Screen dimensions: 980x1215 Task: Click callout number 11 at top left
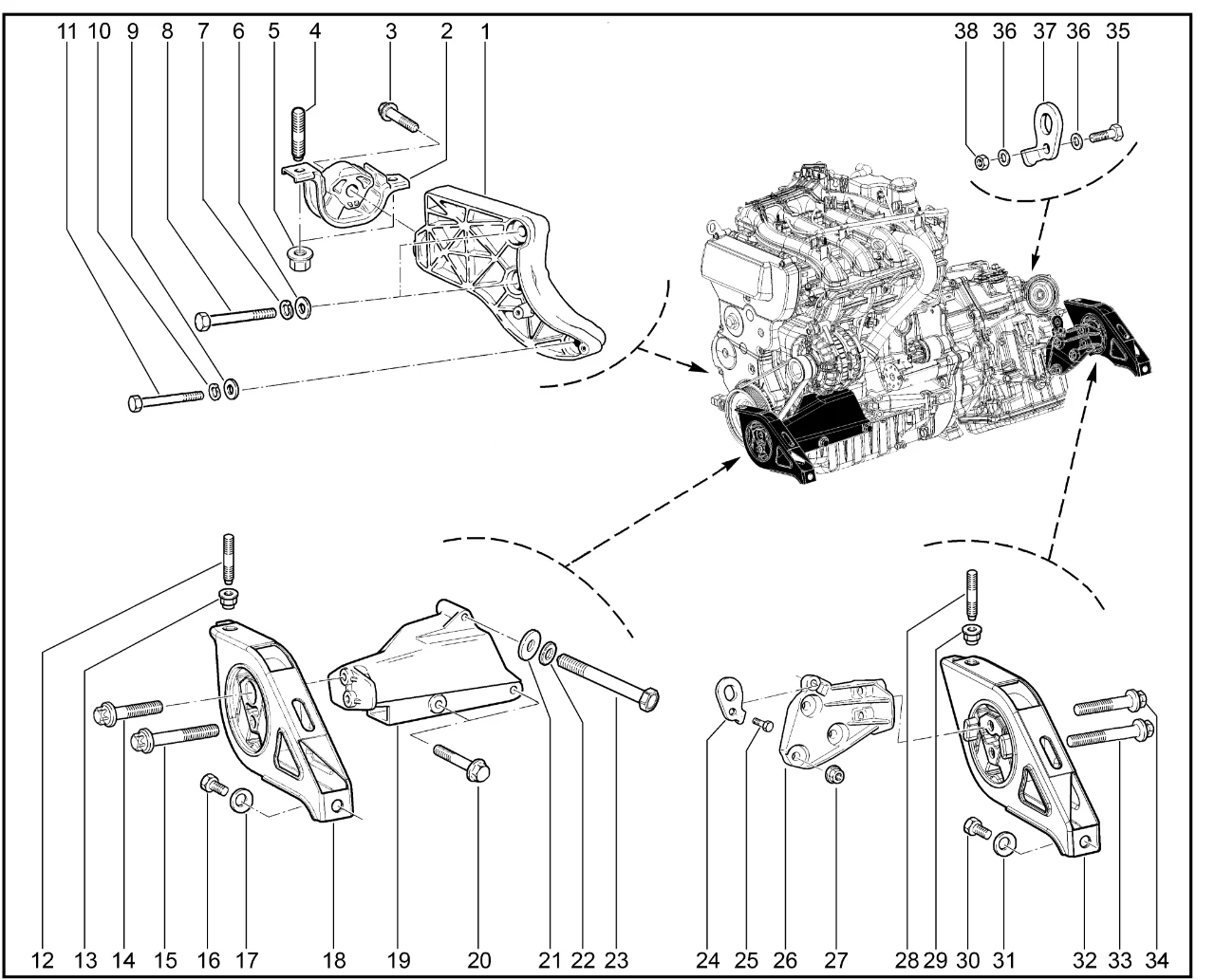(65, 30)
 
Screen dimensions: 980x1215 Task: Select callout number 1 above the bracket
(485, 30)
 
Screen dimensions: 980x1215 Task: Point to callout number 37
(1045, 30)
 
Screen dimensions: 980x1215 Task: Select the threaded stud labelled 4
(299, 129)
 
